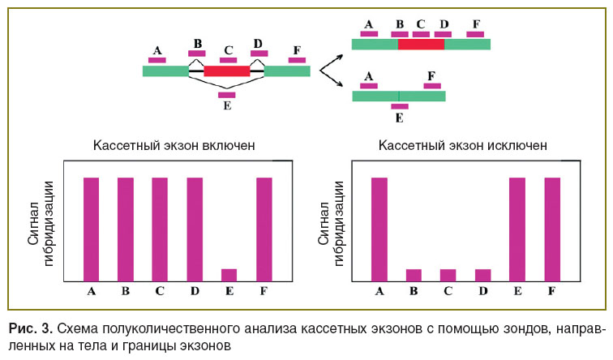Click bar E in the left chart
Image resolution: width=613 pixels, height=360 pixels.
click(x=229, y=275)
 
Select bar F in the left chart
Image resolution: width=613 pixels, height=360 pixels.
click(x=264, y=229)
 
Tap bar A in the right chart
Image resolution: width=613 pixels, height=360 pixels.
click(x=379, y=229)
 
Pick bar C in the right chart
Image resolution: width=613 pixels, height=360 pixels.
click(x=448, y=275)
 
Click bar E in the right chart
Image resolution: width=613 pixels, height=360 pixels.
click(x=517, y=229)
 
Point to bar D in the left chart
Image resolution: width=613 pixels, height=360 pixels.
click(x=195, y=229)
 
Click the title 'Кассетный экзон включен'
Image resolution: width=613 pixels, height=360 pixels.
click(x=174, y=145)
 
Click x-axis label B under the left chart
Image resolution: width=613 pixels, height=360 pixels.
click(x=126, y=291)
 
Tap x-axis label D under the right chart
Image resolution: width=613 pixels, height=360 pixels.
click(x=483, y=291)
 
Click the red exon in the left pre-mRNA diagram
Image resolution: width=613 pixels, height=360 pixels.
click(x=227, y=71)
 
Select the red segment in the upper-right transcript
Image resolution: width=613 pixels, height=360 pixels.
click(x=421, y=44)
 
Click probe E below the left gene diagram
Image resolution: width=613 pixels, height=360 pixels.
click(x=227, y=95)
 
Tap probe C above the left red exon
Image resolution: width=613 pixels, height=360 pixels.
click(x=229, y=60)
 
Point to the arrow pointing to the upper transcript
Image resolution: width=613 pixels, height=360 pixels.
click(x=332, y=62)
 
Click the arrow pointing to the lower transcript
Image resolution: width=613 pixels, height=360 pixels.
click(x=332, y=79)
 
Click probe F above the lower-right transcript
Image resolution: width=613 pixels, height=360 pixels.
click(x=432, y=86)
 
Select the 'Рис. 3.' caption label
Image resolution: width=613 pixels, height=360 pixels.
click(x=31, y=328)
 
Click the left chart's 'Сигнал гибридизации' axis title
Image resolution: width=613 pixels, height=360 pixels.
click(x=41, y=224)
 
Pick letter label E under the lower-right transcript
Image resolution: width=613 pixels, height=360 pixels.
click(x=399, y=118)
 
